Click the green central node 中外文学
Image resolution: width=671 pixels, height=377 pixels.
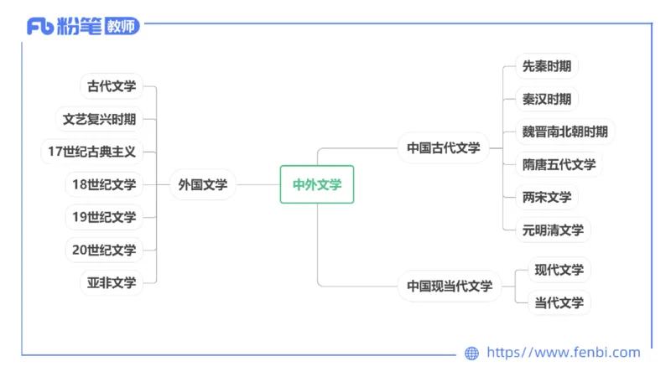pos(317,184)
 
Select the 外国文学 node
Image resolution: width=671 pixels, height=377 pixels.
pos(202,184)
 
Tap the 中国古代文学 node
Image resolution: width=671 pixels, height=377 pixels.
pos(444,147)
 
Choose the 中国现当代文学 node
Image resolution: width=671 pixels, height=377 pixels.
pos(450,286)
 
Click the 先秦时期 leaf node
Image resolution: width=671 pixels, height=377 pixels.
pos(547,66)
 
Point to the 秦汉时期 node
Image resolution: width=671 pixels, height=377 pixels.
pos(547,99)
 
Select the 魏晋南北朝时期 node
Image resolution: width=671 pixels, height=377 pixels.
pos(564,132)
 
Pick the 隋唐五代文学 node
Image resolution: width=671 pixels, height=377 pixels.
pos(559,164)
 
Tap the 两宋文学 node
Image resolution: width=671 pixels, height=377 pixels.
pos(547,197)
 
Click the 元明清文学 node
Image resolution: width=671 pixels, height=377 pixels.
pos(553,230)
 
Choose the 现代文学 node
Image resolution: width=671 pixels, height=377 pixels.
pos(559,270)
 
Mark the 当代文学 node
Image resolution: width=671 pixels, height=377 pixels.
pos(559,302)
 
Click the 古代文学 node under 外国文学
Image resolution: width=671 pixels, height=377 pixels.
pos(112,86)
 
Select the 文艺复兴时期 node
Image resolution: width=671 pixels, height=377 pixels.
pos(99,119)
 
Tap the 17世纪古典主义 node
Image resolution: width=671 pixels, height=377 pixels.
pos(92,152)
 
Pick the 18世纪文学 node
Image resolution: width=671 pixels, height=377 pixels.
pos(104,184)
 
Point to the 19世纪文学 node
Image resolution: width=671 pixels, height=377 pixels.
pos(104,217)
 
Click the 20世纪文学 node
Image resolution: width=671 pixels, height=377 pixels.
pos(104,250)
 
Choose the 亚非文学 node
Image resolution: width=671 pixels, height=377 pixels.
pos(112,282)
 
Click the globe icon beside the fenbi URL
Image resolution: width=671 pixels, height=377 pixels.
pos(471,354)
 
